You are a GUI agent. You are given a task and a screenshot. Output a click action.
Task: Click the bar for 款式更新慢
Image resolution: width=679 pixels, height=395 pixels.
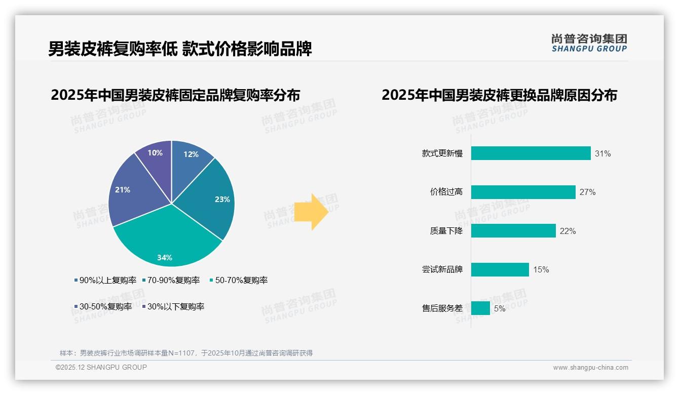coord(531,153)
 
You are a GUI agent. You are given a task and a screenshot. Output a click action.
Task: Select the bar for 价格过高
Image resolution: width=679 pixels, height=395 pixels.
coord(523,192)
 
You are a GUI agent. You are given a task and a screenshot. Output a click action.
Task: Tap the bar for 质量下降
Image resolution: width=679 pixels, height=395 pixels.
coord(513,231)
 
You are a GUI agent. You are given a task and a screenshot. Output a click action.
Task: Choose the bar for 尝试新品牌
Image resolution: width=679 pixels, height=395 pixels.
coord(500,269)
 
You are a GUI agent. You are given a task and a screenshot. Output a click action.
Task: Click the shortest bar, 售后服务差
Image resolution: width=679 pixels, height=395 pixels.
coord(480,308)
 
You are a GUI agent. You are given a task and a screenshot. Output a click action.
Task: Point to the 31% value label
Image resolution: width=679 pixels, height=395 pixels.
coord(602,153)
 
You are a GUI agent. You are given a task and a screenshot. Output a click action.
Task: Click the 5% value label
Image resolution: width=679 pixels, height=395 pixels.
coord(500,308)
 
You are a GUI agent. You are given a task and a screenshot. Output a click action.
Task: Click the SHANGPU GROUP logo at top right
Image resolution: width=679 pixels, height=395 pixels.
coord(589,43)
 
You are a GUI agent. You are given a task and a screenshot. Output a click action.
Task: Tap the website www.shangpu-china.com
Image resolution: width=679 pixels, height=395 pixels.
coord(590,367)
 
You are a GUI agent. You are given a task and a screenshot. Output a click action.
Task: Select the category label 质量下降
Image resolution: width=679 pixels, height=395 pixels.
coord(446,231)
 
